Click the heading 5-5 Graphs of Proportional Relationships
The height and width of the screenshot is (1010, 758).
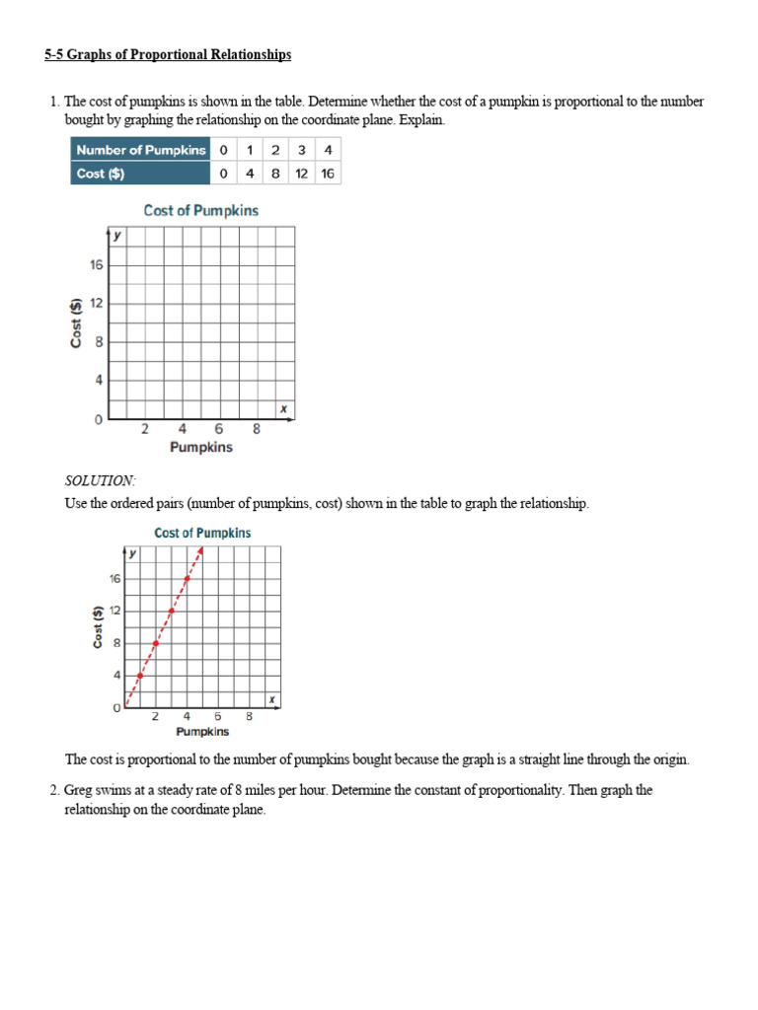pos(168,55)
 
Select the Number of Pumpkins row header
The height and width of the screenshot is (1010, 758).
pos(140,150)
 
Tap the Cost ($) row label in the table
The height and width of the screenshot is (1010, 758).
pos(101,174)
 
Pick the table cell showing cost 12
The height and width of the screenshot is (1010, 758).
pos(302,174)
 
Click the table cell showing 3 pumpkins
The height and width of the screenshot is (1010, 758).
pos(302,150)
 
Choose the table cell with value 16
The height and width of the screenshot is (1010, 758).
pos(328,174)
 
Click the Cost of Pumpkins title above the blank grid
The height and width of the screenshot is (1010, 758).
pos(201,210)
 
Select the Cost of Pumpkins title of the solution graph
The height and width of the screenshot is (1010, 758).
pos(202,533)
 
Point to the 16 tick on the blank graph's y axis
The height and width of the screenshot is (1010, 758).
pos(97,265)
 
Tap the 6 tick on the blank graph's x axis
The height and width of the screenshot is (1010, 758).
pos(219,429)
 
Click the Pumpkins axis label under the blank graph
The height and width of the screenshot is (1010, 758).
pos(201,448)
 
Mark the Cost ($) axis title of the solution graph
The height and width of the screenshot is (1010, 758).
pos(99,627)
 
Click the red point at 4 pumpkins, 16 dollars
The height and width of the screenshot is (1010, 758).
pos(187,578)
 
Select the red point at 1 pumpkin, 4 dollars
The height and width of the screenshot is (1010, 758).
pos(139,676)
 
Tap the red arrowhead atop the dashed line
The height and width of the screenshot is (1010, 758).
pos(200,550)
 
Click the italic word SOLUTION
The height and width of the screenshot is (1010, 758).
pos(100,480)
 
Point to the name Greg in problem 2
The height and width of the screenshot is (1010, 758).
pos(81,791)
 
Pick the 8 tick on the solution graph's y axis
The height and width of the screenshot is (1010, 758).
pos(115,643)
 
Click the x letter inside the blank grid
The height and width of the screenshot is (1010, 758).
pos(283,408)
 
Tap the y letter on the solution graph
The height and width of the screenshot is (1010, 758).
pos(131,553)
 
